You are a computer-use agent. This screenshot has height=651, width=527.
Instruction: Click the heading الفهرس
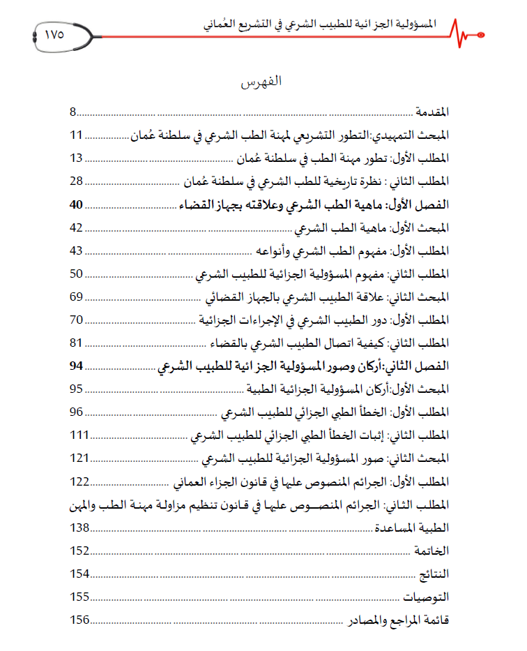click(261, 82)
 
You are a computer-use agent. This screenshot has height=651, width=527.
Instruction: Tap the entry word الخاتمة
click(432, 551)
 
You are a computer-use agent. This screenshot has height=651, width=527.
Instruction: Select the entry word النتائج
click(434, 574)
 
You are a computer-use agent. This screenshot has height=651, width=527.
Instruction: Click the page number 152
click(80, 551)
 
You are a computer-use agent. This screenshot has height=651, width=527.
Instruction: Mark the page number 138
click(80, 527)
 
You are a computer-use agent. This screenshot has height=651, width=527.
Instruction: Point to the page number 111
click(80, 435)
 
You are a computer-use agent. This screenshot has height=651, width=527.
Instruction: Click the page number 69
click(77, 297)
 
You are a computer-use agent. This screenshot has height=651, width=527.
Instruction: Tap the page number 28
click(77, 181)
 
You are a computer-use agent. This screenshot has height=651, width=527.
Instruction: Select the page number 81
click(77, 343)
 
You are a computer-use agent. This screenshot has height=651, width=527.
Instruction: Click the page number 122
click(80, 481)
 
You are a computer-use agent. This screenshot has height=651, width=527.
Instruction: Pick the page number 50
click(77, 274)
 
